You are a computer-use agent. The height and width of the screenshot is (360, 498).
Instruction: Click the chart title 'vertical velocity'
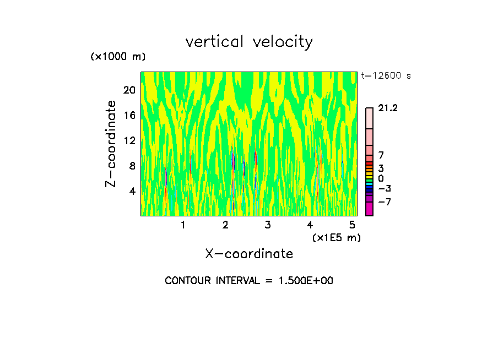[249, 42]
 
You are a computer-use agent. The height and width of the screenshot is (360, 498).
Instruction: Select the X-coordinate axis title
[249, 254]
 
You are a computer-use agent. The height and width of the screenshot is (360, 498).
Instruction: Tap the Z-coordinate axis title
[111, 144]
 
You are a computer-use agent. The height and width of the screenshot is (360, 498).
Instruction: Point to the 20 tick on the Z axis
[129, 90]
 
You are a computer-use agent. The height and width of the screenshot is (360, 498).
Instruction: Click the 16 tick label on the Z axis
[129, 116]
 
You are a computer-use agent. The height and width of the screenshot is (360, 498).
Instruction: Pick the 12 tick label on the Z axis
[129, 141]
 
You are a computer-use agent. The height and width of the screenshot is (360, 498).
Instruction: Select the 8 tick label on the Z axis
[132, 166]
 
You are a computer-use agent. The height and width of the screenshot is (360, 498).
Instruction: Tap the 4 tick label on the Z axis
[132, 192]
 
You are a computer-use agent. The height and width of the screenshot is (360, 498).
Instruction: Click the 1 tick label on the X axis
[183, 225]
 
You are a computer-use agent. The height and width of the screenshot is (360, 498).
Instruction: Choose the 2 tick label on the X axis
[225, 225]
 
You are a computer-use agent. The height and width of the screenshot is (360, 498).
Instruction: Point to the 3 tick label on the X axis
[267, 225]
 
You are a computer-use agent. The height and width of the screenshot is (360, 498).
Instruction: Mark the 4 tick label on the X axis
[310, 225]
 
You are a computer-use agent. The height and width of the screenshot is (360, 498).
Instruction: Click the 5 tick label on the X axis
[351, 225]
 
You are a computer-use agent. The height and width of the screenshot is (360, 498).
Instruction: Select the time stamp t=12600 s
[386, 76]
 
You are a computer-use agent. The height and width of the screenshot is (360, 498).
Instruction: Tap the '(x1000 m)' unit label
[118, 57]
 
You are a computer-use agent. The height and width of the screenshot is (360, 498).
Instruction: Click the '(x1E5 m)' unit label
[337, 237]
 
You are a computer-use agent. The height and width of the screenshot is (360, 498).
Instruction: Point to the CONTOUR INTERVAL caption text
[249, 281]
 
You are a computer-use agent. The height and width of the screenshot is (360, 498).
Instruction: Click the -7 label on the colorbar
[384, 202]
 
